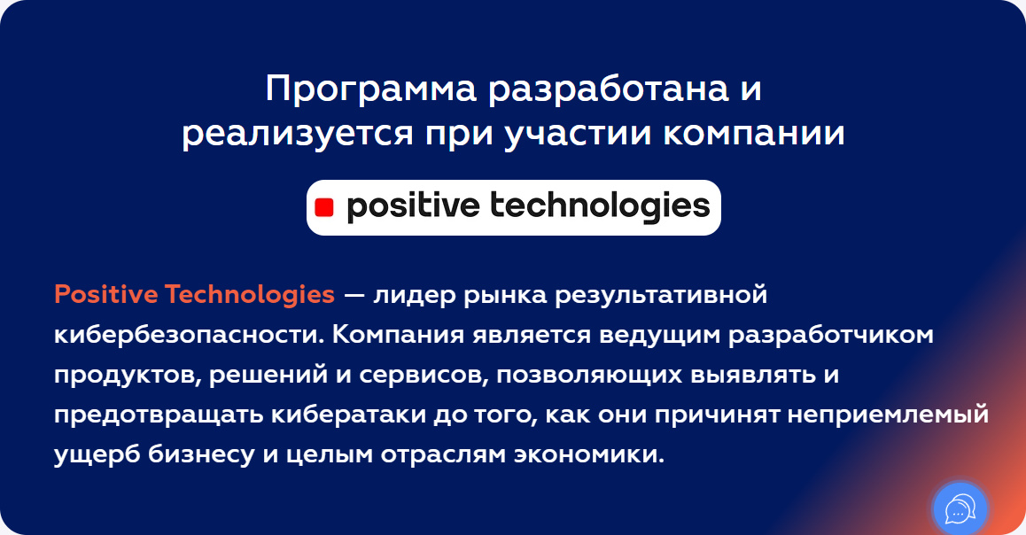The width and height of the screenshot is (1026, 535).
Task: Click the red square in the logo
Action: tap(324, 208)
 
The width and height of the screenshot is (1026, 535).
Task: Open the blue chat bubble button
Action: tap(960, 509)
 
